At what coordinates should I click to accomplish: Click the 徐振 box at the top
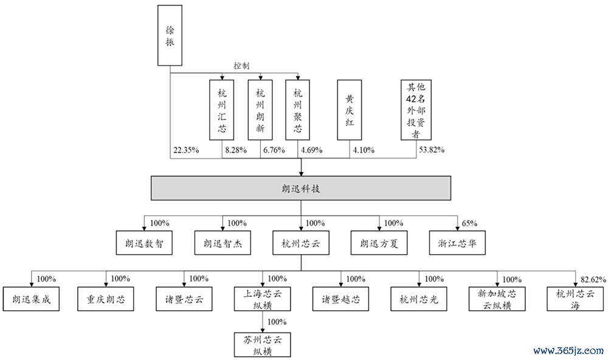(x=170, y=35)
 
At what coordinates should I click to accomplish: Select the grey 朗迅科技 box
(x=301, y=188)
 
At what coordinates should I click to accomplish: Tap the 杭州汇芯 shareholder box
(x=222, y=110)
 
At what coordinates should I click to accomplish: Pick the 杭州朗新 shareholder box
(x=260, y=110)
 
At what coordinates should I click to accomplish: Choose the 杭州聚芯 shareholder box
(x=297, y=110)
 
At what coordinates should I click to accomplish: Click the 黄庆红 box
(x=350, y=110)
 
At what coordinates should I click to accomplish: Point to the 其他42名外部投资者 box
(x=416, y=110)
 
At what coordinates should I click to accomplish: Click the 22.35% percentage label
(x=186, y=150)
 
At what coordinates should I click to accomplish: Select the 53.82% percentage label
(x=432, y=150)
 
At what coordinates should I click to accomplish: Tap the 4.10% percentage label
(x=364, y=150)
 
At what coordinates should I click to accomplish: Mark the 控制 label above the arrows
(x=241, y=66)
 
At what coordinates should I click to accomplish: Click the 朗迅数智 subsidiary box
(x=144, y=243)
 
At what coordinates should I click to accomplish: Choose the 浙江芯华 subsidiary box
(x=457, y=243)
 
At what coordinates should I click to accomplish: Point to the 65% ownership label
(x=469, y=223)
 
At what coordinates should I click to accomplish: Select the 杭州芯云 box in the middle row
(x=301, y=243)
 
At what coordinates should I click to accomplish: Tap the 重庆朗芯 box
(x=105, y=299)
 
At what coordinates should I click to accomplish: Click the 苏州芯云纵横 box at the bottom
(x=262, y=345)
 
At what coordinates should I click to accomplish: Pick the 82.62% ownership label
(x=593, y=279)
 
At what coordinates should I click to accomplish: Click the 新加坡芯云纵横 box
(x=497, y=299)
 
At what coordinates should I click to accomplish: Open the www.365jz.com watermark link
(x=568, y=351)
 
